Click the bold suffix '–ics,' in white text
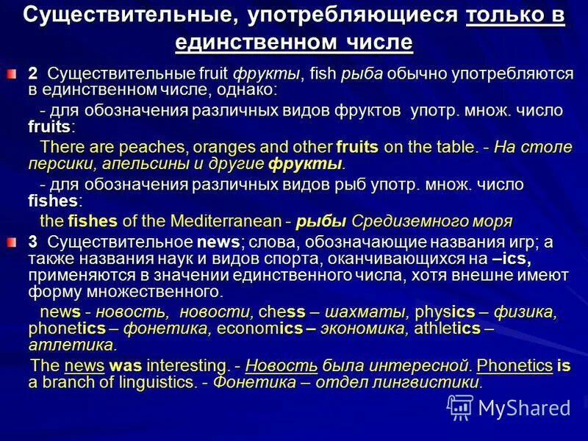point(512,258)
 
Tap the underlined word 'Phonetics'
point(514,365)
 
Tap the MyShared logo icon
point(460,406)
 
